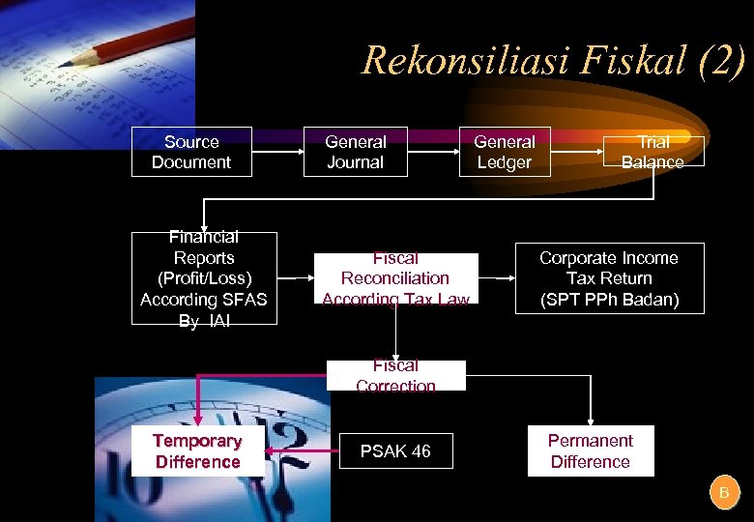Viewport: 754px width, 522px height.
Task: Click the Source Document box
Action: coord(191,152)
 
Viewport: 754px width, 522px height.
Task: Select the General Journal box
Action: coord(355,152)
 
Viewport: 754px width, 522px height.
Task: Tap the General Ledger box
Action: coord(504,152)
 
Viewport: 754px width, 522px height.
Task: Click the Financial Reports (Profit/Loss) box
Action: coord(204,278)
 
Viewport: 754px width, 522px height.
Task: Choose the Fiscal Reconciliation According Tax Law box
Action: coord(395,278)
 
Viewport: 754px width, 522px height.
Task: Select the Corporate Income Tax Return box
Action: coord(608,278)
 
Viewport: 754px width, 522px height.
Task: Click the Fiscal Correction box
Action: coord(395,375)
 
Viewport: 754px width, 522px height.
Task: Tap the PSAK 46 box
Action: coord(395,451)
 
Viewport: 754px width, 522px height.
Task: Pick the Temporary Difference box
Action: coord(197,451)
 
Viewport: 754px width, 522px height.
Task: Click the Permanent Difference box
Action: coord(590,451)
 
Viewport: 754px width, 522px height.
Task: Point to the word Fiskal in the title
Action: coord(624,60)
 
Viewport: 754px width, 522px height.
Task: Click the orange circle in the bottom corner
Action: coord(723,493)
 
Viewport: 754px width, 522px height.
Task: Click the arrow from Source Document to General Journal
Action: coord(277,152)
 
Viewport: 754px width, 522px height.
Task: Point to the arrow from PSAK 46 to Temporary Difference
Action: coord(302,450)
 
